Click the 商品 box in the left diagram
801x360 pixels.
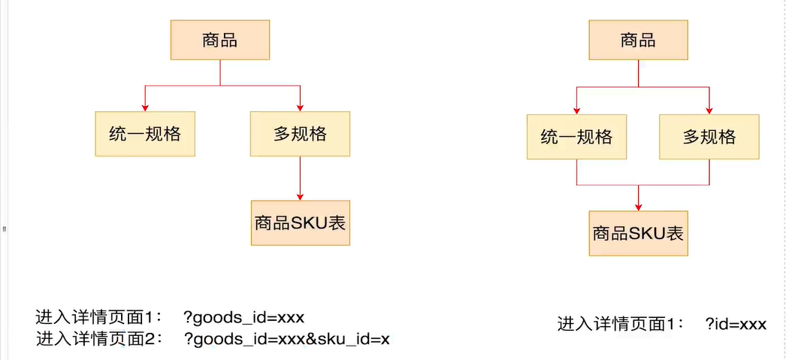pyautogui.click(x=219, y=41)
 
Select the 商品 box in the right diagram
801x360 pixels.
pyautogui.click(x=638, y=41)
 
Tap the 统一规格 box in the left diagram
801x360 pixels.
pyautogui.click(x=145, y=135)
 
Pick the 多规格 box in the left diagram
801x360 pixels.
pyautogui.click(x=300, y=135)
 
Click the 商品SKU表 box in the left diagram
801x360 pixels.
pyautogui.click(x=300, y=222)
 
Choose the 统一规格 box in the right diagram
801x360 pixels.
pyautogui.click(x=576, y=137)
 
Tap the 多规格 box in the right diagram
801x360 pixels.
pyautogui.click(x=709, y=137)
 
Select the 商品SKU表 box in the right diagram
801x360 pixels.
pyautogui.click(x=638, y=234)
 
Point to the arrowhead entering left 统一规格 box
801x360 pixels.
pyautogui.click(x=145, y=107)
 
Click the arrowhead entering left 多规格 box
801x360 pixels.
pyautogui.click(x=300, y=107)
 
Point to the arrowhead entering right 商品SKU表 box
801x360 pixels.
pyautogui.click(x=638, y=207)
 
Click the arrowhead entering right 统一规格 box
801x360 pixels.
pyautogui.click(x=576, y=110)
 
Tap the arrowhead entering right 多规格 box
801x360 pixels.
pyautogui.click(x=709, y=110)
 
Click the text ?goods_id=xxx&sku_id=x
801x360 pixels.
pyautogui.click(x=287, y=339)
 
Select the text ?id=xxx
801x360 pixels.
pyautogui.click(x=736, y=324)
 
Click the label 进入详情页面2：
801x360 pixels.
pyautogui.click(x=100, y=339)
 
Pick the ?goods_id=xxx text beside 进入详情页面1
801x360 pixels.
pyautogui.click(x=243, y=316)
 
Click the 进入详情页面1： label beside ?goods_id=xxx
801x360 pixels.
pyautogui.click(x=100, y=316)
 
